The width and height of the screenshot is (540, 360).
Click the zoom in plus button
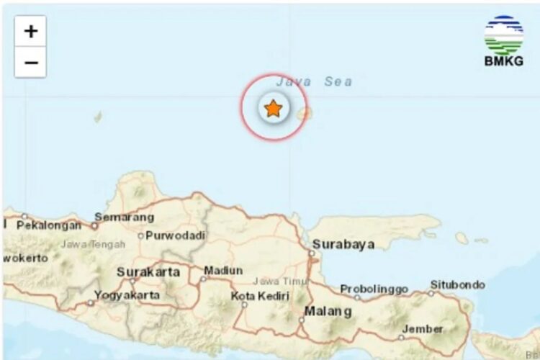point(30,32)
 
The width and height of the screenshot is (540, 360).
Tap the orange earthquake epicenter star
point(273,109)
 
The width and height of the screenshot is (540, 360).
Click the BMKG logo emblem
point(503,35)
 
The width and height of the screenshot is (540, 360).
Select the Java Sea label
point(314,82)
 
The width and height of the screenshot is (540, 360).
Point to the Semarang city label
point(125,217)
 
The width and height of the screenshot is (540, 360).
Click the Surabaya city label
point(343,245)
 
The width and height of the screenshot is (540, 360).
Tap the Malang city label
point(328,312)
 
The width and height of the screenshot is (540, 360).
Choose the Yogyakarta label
point(127,295)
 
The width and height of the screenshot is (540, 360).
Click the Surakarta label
point(148,272)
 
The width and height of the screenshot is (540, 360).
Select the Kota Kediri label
point(260,297)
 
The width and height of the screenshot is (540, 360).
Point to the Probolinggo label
point(374,289)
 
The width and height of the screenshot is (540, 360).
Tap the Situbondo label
point(458,285)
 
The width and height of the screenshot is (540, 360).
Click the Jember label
point(423,329)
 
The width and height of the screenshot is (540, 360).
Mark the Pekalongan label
point(49,225)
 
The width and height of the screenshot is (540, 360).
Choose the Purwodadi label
point(176,235)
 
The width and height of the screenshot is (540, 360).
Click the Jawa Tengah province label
point(93,245)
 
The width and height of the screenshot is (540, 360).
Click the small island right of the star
point(305,113)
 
